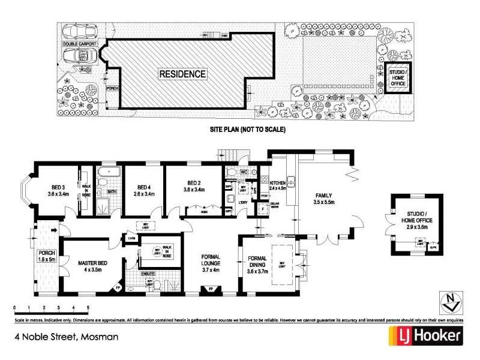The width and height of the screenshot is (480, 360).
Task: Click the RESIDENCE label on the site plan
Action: (x=182, y=74)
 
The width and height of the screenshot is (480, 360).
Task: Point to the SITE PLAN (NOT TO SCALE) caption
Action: (x=247, y=129)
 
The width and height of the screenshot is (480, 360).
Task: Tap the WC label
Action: (x=244, y=172)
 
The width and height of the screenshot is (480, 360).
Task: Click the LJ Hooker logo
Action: (x=426, y=335)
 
